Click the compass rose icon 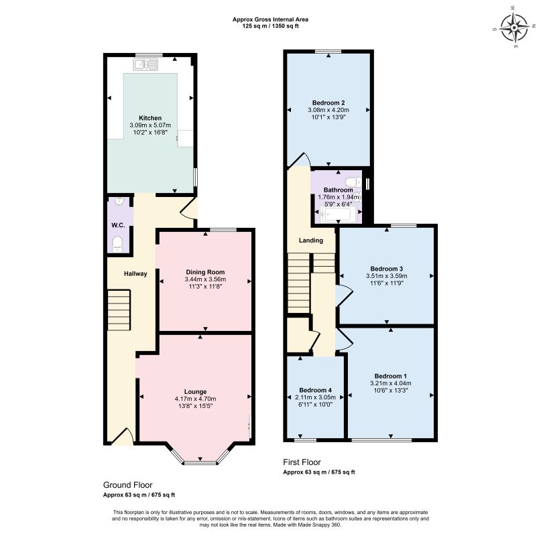coord(514,27)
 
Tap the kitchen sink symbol coord(145,64)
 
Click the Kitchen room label coord(150,118)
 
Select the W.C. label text coord(118,225)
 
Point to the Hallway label coord(135,274)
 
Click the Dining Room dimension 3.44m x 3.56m coord(205,279)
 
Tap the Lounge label coord(195,392)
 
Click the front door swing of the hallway coord(123,435)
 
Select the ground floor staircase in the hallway coord(119,310)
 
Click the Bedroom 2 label coord(328,103)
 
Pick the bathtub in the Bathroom coord(338,214)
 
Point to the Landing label coord(311,241)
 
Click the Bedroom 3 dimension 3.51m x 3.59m coord(386,276)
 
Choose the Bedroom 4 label coord(315,390)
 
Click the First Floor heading coord(302,462)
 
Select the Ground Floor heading coord(127,485)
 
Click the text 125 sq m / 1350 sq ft coord(271,26)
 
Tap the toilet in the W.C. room coord(118,244)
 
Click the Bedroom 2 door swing coord(300,160)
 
